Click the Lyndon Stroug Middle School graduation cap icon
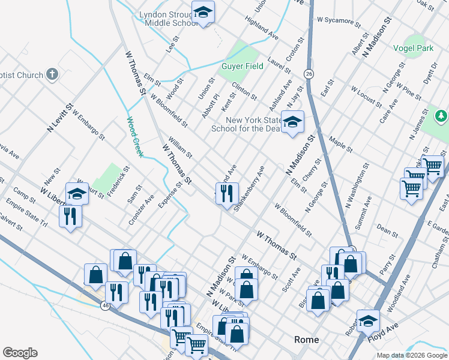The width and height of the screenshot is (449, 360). tap(203, 13)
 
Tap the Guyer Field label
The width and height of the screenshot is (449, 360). tap(243, 66)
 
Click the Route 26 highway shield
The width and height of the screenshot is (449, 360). tap(309, 73)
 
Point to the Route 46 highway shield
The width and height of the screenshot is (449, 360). tap(105, 305)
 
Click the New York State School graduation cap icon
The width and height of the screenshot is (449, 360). tap(292, 122)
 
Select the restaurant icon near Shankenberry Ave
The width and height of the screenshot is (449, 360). tap(227, 193)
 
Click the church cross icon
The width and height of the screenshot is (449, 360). tap(52, 75)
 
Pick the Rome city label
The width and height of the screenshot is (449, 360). tap(306, 340)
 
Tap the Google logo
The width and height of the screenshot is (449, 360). tap(20, 353)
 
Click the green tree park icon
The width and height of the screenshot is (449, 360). tap(441, 115)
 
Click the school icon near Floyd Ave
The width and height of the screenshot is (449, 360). tap(368, 320)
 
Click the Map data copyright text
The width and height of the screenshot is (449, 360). tap(412, 355)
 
